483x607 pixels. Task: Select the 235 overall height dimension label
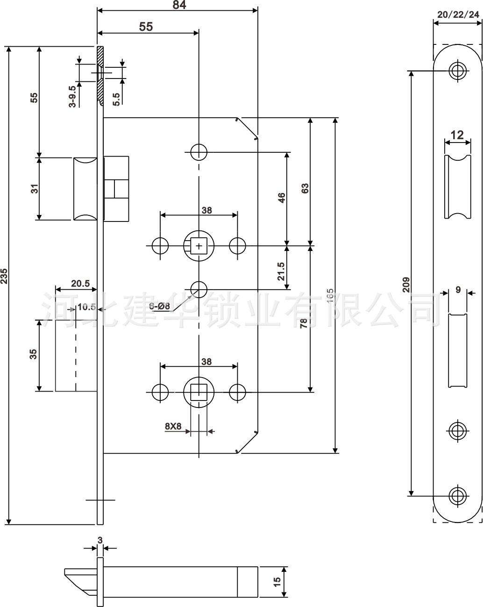click(4, 276)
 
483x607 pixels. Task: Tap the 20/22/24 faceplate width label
click(458, 14)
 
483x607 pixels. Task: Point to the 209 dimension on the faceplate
click(405, 285)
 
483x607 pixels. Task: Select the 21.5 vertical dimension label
click(281, 271)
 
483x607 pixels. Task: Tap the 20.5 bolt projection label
click(80, 284)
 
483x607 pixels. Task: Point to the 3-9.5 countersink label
click(72, 97)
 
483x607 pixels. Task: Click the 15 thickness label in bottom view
click(277, 582)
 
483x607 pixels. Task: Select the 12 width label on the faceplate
click(457, 135)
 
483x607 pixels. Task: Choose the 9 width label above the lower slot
click(458, 290)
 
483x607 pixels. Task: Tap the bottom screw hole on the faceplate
click(457, 495)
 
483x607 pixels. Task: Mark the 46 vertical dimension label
click(281, 198)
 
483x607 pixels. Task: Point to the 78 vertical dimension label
click(303, 322)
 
